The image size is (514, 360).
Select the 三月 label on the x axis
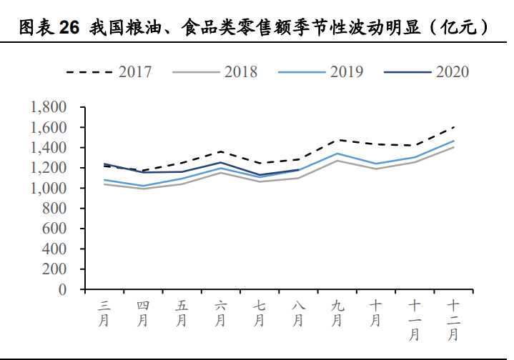104,313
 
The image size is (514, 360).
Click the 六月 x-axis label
221,313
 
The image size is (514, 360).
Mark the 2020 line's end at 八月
299,170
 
